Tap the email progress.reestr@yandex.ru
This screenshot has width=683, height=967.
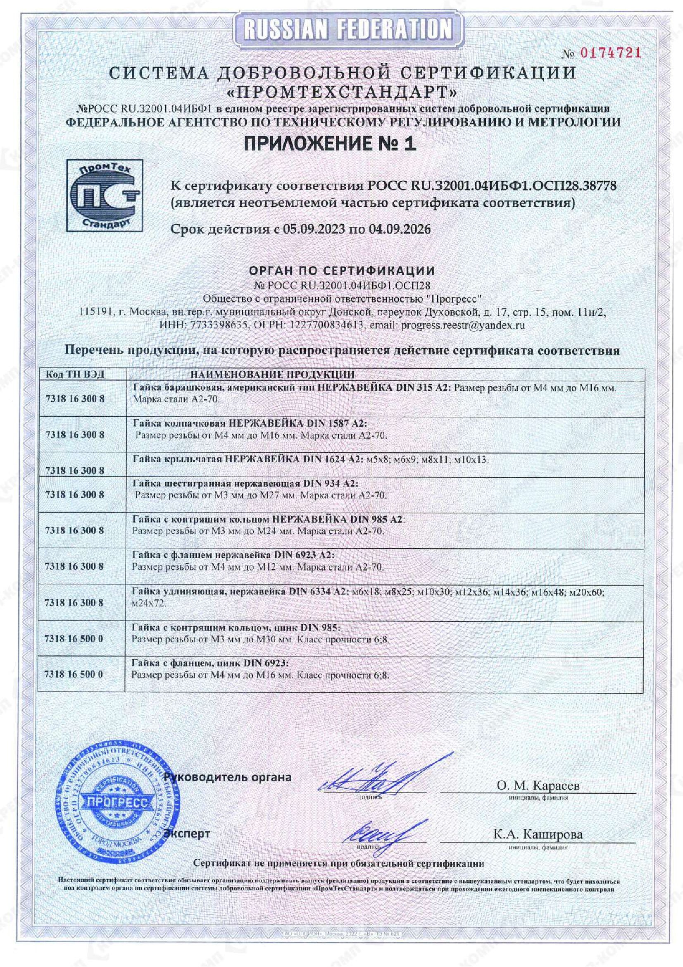click(463, 325)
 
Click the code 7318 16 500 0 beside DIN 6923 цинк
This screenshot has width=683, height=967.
click(74, 674)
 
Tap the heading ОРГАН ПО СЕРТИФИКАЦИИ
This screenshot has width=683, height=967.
click(341, 270)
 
